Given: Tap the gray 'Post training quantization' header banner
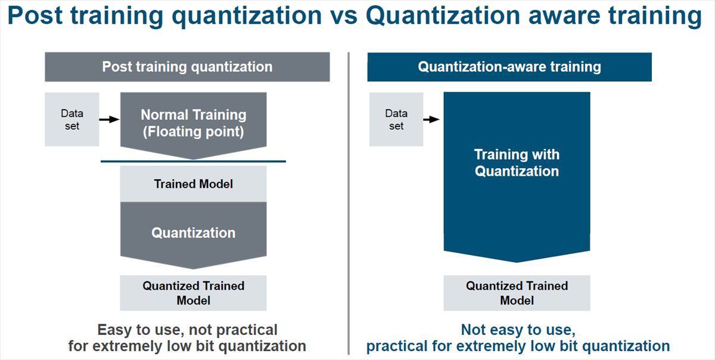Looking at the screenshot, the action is click(x=187, y=67).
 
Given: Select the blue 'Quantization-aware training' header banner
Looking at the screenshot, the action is click(x=509, y=67).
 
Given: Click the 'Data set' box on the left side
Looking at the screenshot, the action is click(x=72, y=119).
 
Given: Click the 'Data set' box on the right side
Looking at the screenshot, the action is click(x=396, y=119).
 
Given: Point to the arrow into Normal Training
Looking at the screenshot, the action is click(x=109, y=119).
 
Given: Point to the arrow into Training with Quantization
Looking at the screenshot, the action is click(x=431, y=119).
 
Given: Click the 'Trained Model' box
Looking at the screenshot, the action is click(x=194, y=184).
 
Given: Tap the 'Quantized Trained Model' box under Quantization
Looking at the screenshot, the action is click(x=194, y=293).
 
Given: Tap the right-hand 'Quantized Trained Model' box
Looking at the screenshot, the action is click(x=517, y=293).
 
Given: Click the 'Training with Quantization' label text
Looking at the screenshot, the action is click(x=517, y=163).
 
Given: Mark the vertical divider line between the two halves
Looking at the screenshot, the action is click(x=349, y=203).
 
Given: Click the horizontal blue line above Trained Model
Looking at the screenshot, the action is click(x=194, y=162).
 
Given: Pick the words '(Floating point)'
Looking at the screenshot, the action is click(x=194, y=132).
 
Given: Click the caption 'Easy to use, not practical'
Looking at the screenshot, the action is click(x=187, y=330).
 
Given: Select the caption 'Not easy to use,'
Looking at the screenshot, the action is click(x=518, y=330).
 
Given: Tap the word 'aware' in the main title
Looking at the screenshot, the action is click(x=564, y=16).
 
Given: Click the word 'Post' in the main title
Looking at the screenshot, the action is click(x=35, y=15).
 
